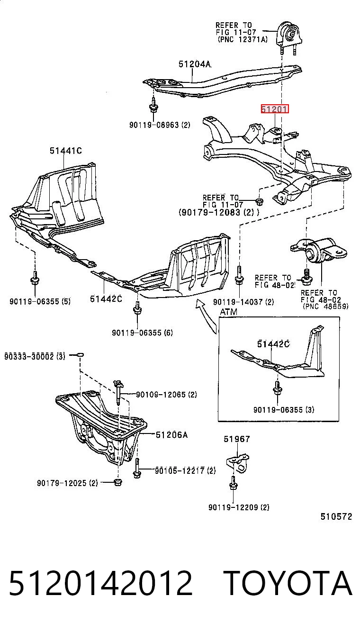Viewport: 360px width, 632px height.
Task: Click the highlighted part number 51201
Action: pyautogui.click(x=275, y=109)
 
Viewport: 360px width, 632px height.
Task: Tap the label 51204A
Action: pyautogui.click(x=195, y=64)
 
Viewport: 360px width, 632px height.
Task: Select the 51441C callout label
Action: pyautogui.click(x=66, y=151)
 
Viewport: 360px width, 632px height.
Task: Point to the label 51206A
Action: pyautogui.click(x=171, y=435)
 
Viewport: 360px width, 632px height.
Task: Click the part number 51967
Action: pyautogui.click(x=237, y=439)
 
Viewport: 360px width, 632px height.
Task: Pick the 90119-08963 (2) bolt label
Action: pyautogui.click(x=160, y=125)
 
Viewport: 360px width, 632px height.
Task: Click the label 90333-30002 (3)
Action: pyautogui.click(x=35, y=356)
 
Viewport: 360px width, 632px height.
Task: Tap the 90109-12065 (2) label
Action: pyautogui.click(x=166, y=395)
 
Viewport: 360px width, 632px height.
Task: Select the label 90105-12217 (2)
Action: pyautogui.click(x=185, y=470)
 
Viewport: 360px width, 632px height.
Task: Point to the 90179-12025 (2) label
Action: pyautogui.click(x=67, y=483)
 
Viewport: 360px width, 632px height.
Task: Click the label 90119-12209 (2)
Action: pyautogui.click(x=239, y=507)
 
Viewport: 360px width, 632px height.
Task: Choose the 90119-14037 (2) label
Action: pyautogui.click(x=243, y=302)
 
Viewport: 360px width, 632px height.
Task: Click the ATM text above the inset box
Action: pyautogui.click(x=228, y=312)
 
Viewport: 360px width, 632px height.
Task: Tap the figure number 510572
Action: pyautogui.click(x=336, y=516)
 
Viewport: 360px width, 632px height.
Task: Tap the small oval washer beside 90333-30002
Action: pyautogui.click(x=80, y=354)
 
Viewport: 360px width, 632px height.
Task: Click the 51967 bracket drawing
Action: pyautogui.click(x=238, y=463)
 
